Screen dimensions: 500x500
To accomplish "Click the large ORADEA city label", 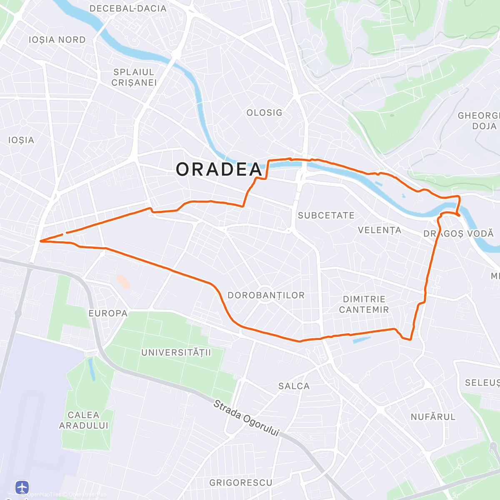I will point(219,170).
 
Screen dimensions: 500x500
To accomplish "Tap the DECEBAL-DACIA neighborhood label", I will point(128,8).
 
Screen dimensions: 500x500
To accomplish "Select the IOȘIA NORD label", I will point(57,40).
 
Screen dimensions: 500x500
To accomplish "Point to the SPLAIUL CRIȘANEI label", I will point(134,77).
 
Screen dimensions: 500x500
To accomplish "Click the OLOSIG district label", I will point(264,113).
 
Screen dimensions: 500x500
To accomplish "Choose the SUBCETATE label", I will point(326,215).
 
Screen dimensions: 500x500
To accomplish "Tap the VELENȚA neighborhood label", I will point(380,230).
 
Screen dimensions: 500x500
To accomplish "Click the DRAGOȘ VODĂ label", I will point(458,234).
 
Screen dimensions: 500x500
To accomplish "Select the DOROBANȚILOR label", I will point(266,295).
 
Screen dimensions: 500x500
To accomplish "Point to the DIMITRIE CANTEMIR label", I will point(364,305).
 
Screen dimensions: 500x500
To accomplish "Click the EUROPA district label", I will point(108,313).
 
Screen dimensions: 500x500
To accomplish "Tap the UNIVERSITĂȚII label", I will point(176,352).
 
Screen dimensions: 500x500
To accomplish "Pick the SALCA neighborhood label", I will point(294,386).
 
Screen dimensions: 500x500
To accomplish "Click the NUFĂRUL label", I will point(433,417).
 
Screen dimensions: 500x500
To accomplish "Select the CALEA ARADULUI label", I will point(83,420).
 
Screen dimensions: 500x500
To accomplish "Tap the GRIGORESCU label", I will point(241,482).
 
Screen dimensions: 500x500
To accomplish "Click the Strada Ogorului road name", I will point(246,418).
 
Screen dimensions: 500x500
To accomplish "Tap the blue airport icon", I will point(22,487).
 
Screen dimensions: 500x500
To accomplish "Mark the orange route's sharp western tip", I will point(40,241).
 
